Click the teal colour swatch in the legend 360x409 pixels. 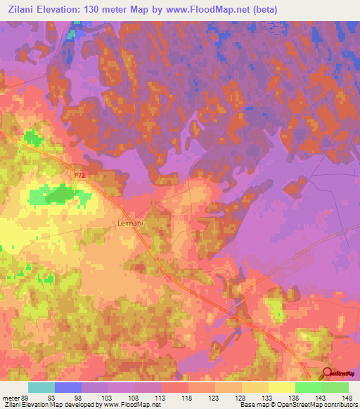click(x=41, y=387)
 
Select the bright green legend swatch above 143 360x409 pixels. click(x=309, y=387)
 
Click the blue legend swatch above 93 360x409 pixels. click(x=68, y=387)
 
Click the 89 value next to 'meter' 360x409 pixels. click(x=26, y=398)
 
